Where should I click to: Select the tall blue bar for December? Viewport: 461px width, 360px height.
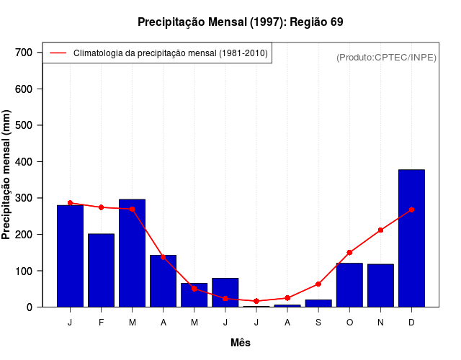[x=411, y=238]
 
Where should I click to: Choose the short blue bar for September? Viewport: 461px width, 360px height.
[x=318, y=303]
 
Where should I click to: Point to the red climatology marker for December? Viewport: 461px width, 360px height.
[x=411, y=210]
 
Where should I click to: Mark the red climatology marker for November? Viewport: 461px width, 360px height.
[x=380, y=230]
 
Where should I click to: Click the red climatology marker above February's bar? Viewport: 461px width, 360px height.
[x=101, y=207]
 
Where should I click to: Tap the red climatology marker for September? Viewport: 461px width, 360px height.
[x=318, y=284]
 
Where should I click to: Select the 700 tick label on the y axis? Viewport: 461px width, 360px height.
[x=24, y=53]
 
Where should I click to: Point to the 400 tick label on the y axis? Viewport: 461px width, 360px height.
[x=24, y=162]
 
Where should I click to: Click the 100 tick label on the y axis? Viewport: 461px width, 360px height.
[x=24, y=271]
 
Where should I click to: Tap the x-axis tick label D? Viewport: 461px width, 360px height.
[x=411, y=323]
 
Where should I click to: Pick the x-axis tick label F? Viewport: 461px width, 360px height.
[x=101, y=323]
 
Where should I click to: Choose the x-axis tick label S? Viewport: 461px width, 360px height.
[x=318, y=323]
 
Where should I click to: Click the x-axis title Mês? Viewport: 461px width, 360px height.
[x=241, y=343]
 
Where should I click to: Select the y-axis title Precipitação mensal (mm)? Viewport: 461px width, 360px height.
[x=7, y=175]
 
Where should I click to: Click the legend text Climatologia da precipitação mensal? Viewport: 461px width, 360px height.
[x=171, y=53]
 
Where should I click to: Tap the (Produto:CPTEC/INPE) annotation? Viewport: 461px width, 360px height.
[x=387, y=57]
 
